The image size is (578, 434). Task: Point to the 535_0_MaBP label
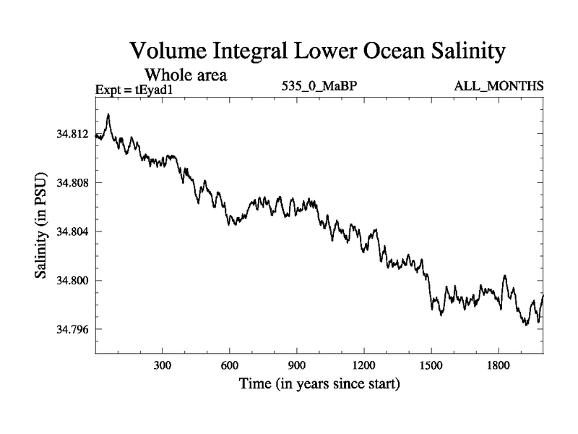point(319,87)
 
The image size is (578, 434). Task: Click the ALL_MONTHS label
point(499,87)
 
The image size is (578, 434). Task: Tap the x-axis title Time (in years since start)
point(319,383)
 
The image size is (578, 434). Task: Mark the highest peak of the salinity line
point(108,114)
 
